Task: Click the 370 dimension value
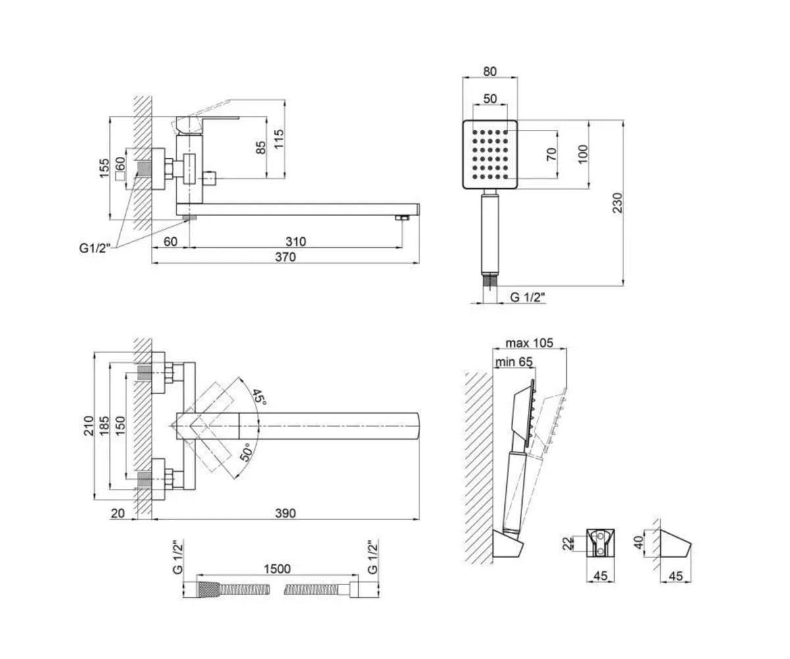pos(285,257)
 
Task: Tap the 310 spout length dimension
pos(296,241)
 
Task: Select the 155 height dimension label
pos(104,168)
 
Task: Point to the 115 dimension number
pos(278,139)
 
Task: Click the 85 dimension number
pos(261,148)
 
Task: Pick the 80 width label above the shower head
pos(490,71)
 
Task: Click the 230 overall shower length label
pos(617,203)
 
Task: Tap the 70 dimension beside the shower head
pos(552,154)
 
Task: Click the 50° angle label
pos(247,453)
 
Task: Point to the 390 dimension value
pos(285,513)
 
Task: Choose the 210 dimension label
pos(88,426)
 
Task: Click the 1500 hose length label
pos(277,569)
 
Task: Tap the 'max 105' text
pos(530,343)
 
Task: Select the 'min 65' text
pos(513,362)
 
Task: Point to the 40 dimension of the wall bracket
pos(639,542)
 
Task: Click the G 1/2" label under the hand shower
pos(528,297)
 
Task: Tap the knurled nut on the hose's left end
pos(208,590)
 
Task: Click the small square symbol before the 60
pos(120,176)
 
